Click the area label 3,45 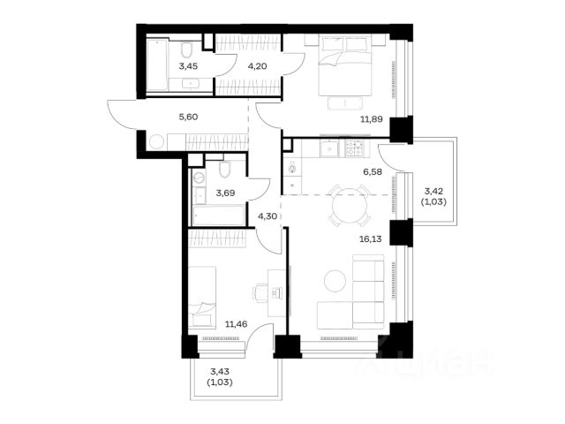pyautogui.click(x=188, y=66)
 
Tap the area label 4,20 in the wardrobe pyautogui.click(x=257, y=66)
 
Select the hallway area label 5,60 pyautogui.click(x=188, y=117)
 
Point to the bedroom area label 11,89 pyautogui.click(x=372, y=119)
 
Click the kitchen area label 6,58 pyautogui.click(x=373, y=172)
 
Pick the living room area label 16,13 pyautogui.click(x=371, y=238)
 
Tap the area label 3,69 pyautogui.click(x=225, y=193)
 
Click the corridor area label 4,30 pyautogui.click(x=267, y=216)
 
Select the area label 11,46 pyautogui.click(x=236, y=324)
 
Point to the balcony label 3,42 pyautogui.click(x=433, y=191)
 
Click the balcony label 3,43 pyautogui.click(x=220, y=371)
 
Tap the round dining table pyautogui.click(x=350, y=205)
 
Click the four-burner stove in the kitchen pyautogui.click(x=355, y=148)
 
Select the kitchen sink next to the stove pyautogui.click(x=330, y=148)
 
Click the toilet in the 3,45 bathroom pyautogui.click(x=186, y=50)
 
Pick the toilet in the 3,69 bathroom pyautogui.click(x=224, y=170)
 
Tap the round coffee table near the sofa pyautogui.click(x=335, y=281)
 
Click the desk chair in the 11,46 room pyautogui.click(x=260, y=292)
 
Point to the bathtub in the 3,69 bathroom pyautogui.click(x=218, y=216)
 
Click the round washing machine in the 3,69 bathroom pyautogui.click(x=199, y=178)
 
